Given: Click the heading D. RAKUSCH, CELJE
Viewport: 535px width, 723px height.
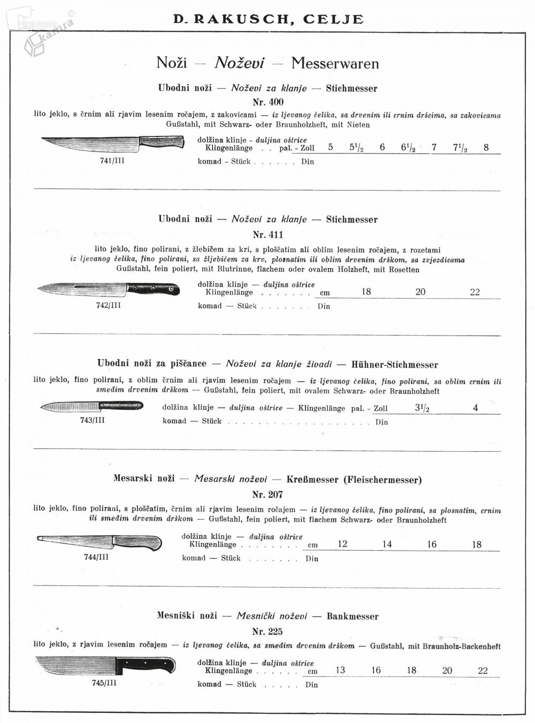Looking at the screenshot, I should coord(268,19).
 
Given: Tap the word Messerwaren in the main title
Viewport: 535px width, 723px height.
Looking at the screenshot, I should coord(335,63).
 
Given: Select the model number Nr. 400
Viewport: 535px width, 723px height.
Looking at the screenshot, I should coord(268,102).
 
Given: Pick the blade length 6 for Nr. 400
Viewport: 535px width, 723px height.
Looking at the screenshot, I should coord(383,148).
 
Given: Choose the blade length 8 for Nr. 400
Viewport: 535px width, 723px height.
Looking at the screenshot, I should coord(486,148).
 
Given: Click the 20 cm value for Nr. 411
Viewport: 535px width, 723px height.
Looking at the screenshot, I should coord(421,292).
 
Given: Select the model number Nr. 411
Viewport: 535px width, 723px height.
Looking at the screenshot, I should coord(268,234).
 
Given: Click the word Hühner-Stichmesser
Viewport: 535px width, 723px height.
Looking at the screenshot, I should coord(395,365).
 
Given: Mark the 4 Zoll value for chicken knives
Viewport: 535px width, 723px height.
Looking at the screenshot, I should coord(476,408).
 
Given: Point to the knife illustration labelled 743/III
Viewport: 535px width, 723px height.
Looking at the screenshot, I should coord(91,407).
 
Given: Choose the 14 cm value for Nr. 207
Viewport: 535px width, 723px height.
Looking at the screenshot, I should coord(387,544).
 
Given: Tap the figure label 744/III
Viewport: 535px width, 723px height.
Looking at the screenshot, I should coord(96,557).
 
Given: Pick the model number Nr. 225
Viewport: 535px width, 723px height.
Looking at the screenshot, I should coord(267,631).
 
